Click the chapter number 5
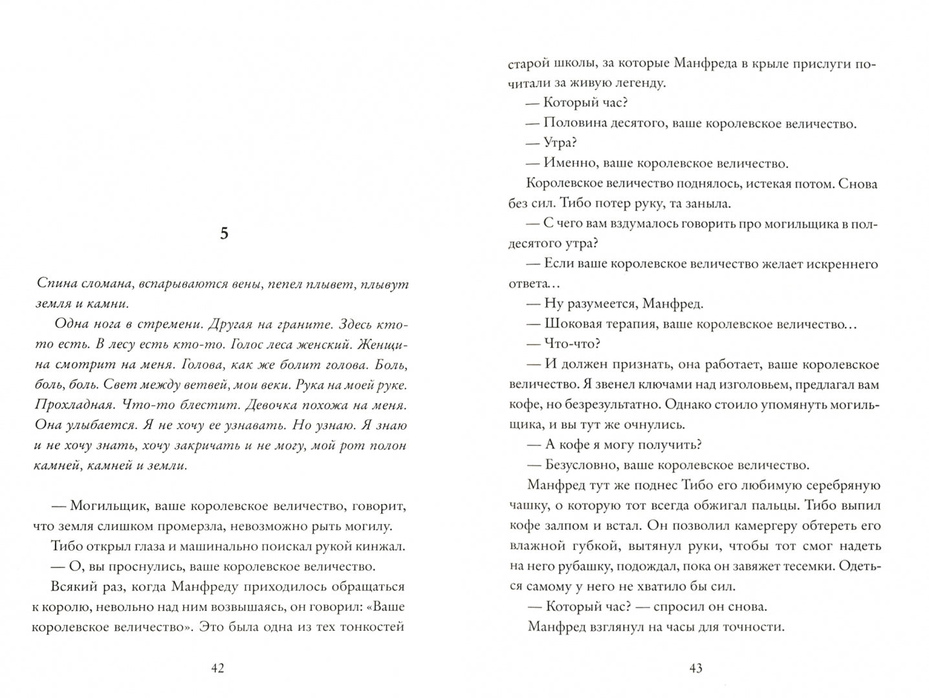pos(224,235)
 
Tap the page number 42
pos(217,668)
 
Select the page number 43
pos(695,668)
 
